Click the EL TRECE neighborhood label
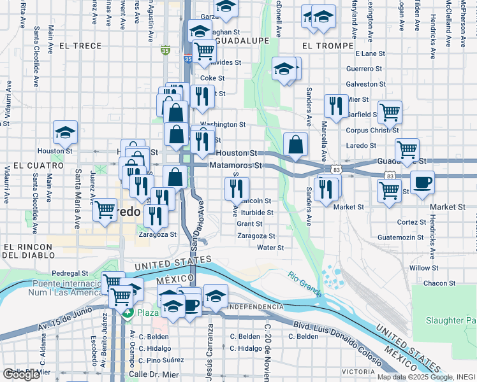tap(80, 46)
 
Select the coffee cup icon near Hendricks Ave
tap(422, 183)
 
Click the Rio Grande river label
tap(304, 284)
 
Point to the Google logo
tap(21, 374)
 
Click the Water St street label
tap(270, 248)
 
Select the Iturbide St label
tap(257, 213)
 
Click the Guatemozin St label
tap(400, 237)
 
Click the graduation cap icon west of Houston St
tap(65, 132)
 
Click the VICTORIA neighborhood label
tap(358, 371)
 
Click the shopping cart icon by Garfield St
tap(390, 112)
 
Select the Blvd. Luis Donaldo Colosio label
tap(331, 323)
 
